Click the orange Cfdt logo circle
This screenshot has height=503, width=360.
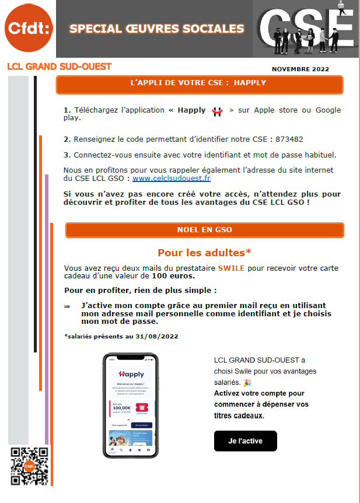tap(27, 27)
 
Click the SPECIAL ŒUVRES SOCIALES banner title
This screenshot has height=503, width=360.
tap(156, 29)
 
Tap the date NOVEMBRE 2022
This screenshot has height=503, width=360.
tap(300, 69)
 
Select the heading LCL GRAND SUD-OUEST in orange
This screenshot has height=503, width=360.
tap(59, 67)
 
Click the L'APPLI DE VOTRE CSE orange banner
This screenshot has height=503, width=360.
tap(198, 83)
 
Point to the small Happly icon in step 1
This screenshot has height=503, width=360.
tap(217, 111)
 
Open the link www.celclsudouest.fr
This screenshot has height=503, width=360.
tap(172, 179)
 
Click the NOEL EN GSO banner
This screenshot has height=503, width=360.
tap(204, 230)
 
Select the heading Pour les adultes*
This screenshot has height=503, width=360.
tap(204, 253)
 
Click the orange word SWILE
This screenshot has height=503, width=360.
tap(231, 268)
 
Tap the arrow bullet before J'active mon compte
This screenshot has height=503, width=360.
tap(67, 306)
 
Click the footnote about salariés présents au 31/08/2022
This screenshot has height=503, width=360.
tap(121, 336)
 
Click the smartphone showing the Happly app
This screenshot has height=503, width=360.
tap(130, 405)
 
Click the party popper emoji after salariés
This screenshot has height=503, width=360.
tap(247, 382)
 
